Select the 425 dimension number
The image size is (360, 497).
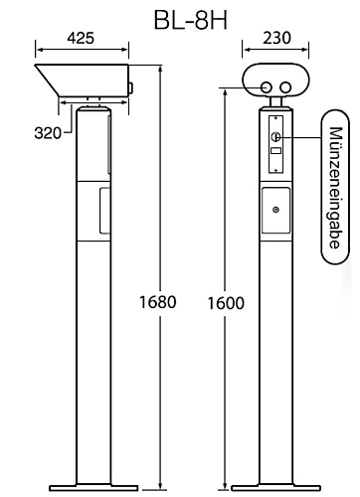tap(83, 41)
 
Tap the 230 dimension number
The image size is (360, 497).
tap(276, 41)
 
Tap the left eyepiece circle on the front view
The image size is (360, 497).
tap(266, 87)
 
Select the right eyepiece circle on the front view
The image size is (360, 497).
tap(287, 87)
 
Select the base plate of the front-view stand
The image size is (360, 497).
tap(275, 486)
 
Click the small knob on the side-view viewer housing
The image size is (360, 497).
tap(131, 89)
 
